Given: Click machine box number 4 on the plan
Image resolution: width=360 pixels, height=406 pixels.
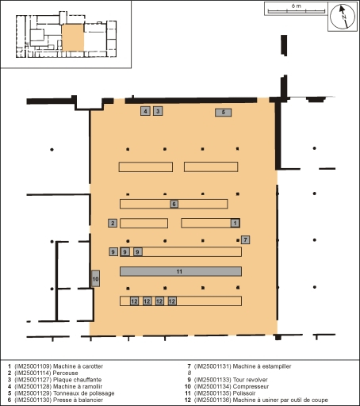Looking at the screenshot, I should click(x=145, y=111).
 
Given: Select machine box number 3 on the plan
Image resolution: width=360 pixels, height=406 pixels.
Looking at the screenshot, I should click(x=158, y=111).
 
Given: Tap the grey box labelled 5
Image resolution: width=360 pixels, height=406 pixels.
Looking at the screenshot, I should click(x=224, y=113).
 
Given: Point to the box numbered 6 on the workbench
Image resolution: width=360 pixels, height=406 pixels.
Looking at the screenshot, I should click(x=174, y=204).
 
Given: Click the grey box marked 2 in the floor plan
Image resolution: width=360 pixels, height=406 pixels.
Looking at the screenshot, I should click(x=113, y=223).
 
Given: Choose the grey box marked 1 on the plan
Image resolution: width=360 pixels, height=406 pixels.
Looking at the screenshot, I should click(x=234, y=223).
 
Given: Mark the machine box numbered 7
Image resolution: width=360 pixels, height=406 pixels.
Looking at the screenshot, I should click(x=246, y=239).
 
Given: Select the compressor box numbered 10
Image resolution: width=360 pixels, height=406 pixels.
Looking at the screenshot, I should click(x=95, y=279).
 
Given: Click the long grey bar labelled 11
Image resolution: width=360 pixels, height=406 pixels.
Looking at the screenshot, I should click(x=180, y=271).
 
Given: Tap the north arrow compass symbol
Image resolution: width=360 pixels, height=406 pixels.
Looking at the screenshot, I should click(x=343, y=17).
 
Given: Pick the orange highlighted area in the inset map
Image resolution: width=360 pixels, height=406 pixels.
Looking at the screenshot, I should click(x=72, y=36).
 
